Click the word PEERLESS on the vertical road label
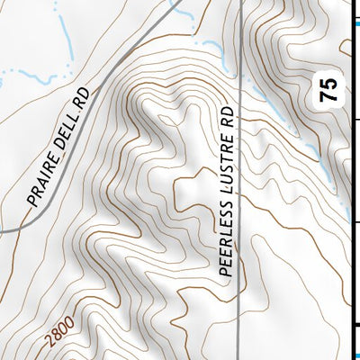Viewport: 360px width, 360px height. (226, 239)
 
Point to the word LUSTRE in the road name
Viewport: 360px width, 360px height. (226, 168)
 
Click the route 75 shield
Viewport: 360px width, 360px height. (331, 90)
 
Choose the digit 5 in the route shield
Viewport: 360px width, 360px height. (331, 84)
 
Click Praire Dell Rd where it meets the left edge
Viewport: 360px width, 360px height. (3, 231)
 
